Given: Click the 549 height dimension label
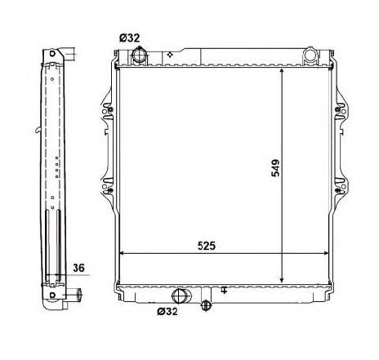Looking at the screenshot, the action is click(x=275, y=168).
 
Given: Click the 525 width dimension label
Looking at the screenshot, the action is click(x=207, y=246).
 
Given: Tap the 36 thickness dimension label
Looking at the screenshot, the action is click(x=78, y=268).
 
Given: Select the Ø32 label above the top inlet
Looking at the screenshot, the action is click(x=129, y=38).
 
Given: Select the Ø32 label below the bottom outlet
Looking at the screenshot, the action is click(x=167, y=311).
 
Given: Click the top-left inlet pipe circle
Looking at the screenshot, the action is click(x=140, y=56).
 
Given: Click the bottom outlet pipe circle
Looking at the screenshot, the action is click(x=180, y=296).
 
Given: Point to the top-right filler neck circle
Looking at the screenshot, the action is click(x=310, y=55).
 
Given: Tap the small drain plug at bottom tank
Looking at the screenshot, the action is click(x=206, y=305).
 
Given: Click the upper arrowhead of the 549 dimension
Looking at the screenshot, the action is click(x=282, y=71).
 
